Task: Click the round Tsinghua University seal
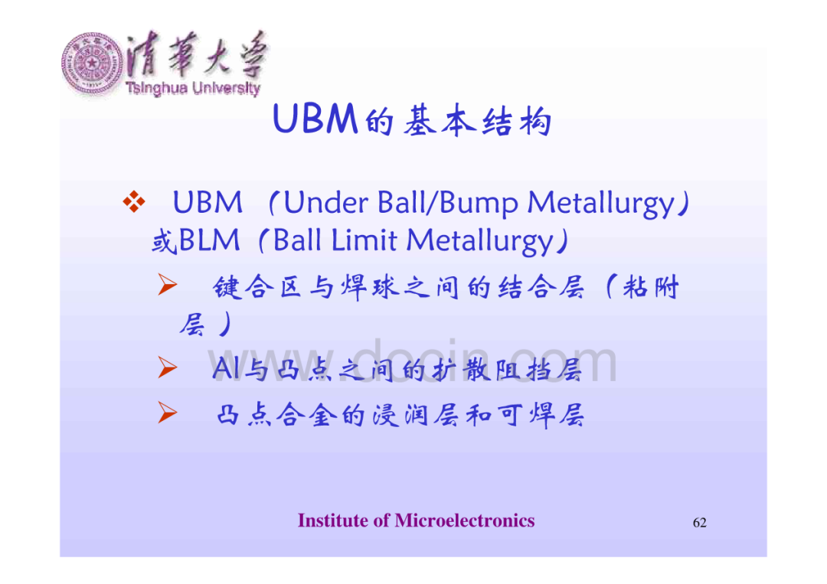tap(93, 64)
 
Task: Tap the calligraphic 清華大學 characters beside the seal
tap(196, 54)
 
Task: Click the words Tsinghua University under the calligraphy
tap(193, 88)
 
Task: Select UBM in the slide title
tap(315, 119)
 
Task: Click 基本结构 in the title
tap(478, 121)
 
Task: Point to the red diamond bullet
tap(134, 201)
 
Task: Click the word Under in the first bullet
tap(326, 202)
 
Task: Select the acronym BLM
tap(209, 240)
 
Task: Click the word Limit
tap(364, 240)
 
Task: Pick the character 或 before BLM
tap(164, 242)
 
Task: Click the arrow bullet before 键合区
tap(168, 285)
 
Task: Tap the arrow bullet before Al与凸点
tap(168, 367)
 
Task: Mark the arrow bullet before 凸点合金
tap(168, 413)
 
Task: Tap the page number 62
tap(699, 522)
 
